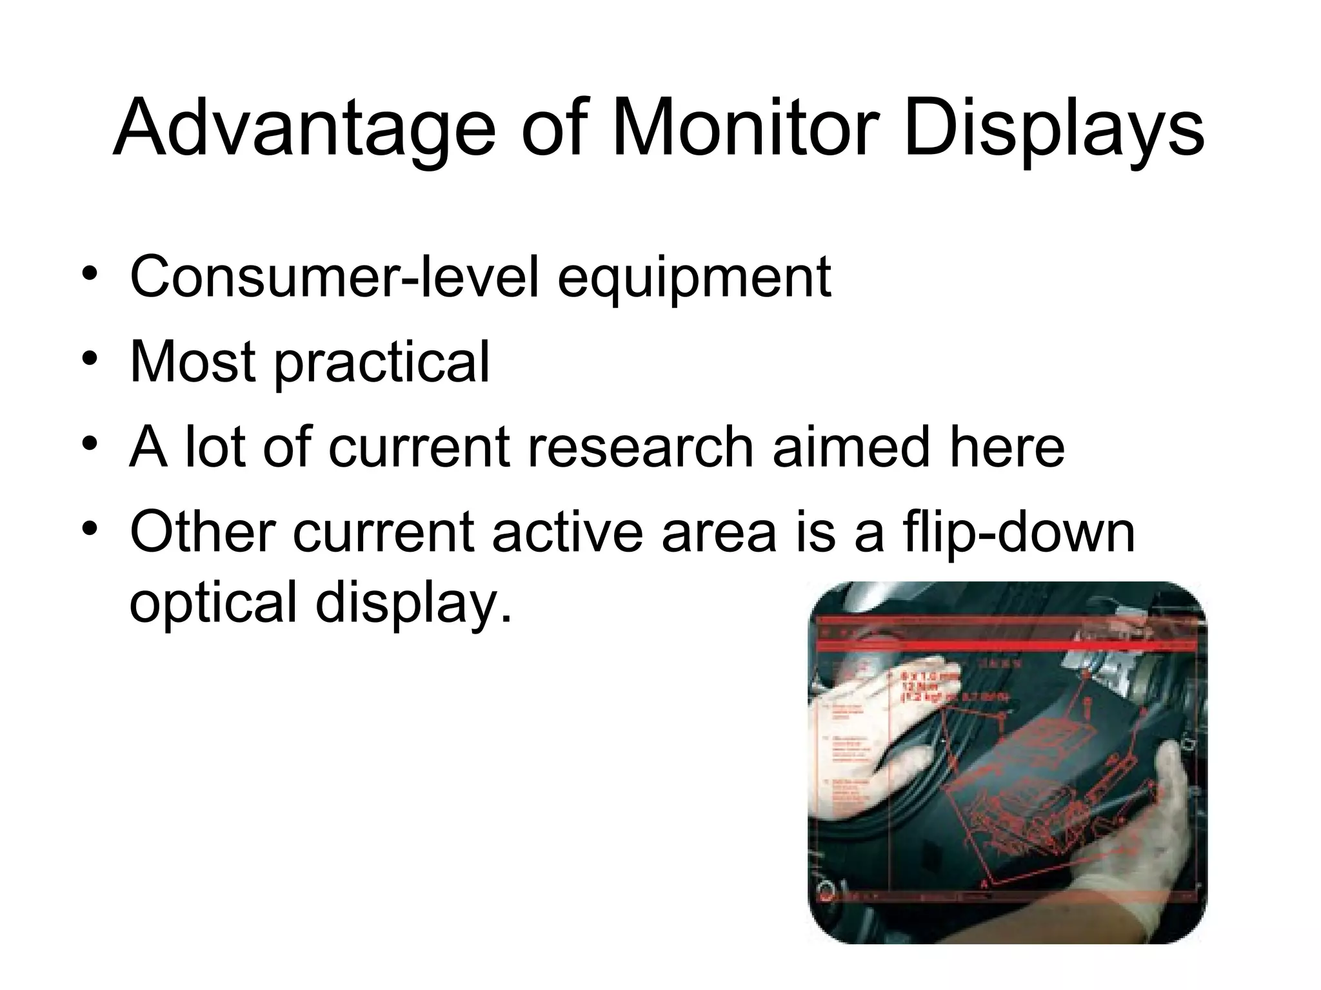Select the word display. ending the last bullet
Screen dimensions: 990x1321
(413, 603)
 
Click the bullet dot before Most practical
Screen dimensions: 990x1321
(90, 358)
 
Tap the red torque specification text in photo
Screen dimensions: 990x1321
(948, 687)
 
